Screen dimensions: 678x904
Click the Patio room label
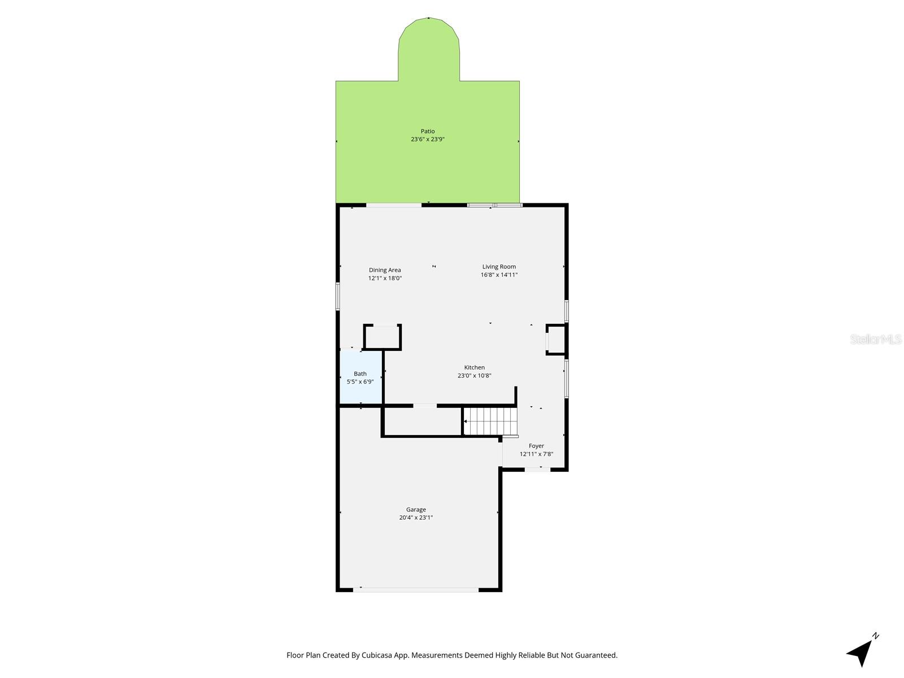(x=428, y=131)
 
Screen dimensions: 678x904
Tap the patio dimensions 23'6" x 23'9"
(x=428, y=139)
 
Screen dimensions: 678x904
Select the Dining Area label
(x=385, y=270)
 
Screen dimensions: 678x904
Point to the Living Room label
(x=499, y=267)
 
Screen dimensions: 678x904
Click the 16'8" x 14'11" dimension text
(x=499, y=275)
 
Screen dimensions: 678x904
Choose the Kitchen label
(x=475, y=367)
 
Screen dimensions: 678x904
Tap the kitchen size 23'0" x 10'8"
(x=475, y=376)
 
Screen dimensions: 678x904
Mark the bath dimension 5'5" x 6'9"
(x=360, y=381)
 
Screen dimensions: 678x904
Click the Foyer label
(x=536, y=446)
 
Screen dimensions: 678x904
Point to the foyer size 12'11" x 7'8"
(x=536, y=454)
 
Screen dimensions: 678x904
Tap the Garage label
(x=416, y=510)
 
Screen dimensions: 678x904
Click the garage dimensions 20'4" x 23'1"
(x=416, y=518)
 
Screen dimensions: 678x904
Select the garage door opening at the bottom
(x=416, y=590)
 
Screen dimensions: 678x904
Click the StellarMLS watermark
(x=876, y=339)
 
